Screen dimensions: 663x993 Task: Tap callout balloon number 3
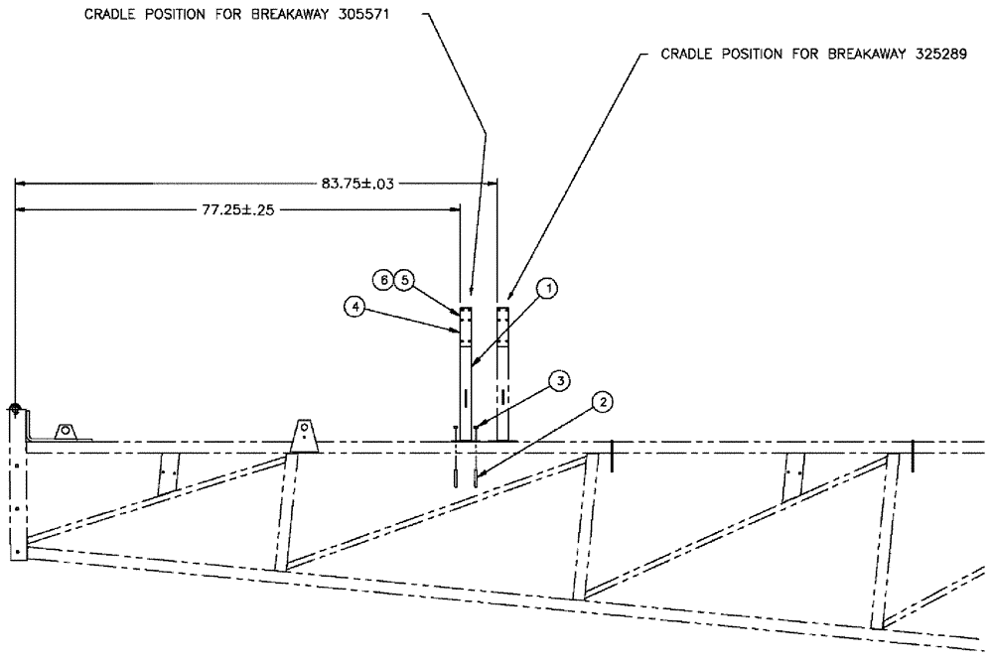(x=560, y=380)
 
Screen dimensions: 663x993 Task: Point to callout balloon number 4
(x=354, y=308)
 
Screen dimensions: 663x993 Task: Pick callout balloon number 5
(x=402, y=281)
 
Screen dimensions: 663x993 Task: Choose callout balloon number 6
(x=382, y=281)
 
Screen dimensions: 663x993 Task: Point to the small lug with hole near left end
(x=67, y=432)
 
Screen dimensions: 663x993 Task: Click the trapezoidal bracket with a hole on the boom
(x=304, y=434)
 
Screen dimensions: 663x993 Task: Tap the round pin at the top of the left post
(x=16, y=408)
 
